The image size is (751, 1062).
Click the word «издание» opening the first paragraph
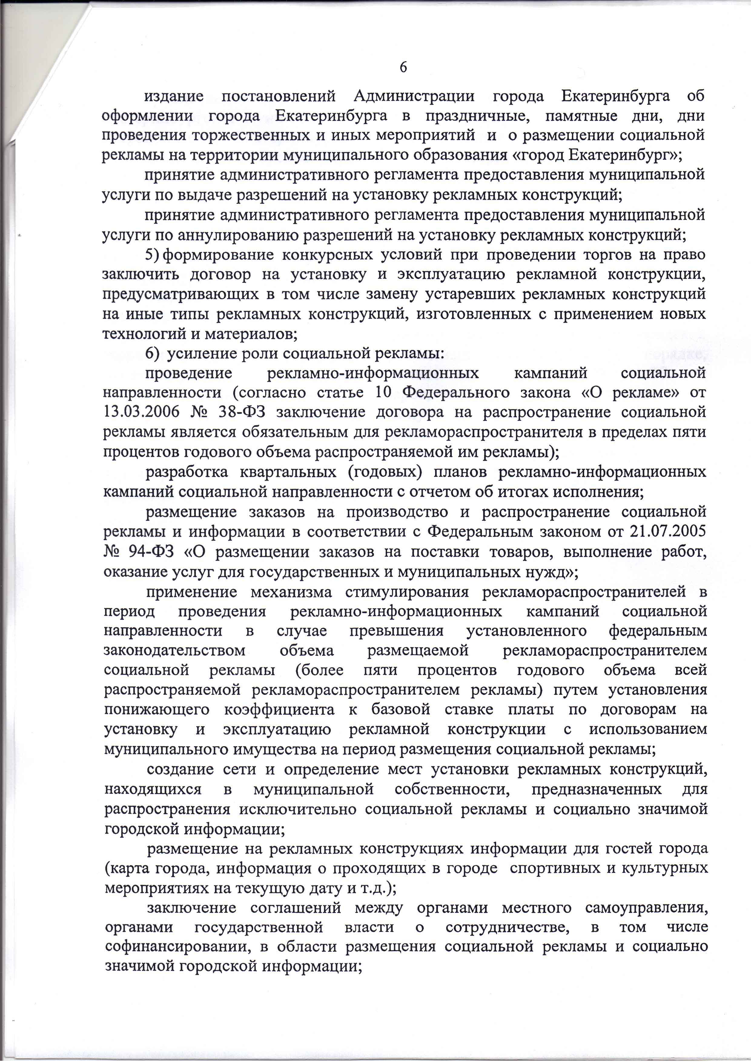pyautogui.click(x=174, y=96)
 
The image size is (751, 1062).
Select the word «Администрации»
pyautogui.click(x=414, y=96)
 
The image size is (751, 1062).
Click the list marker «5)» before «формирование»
pyautogui.click(x=152, y=255)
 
